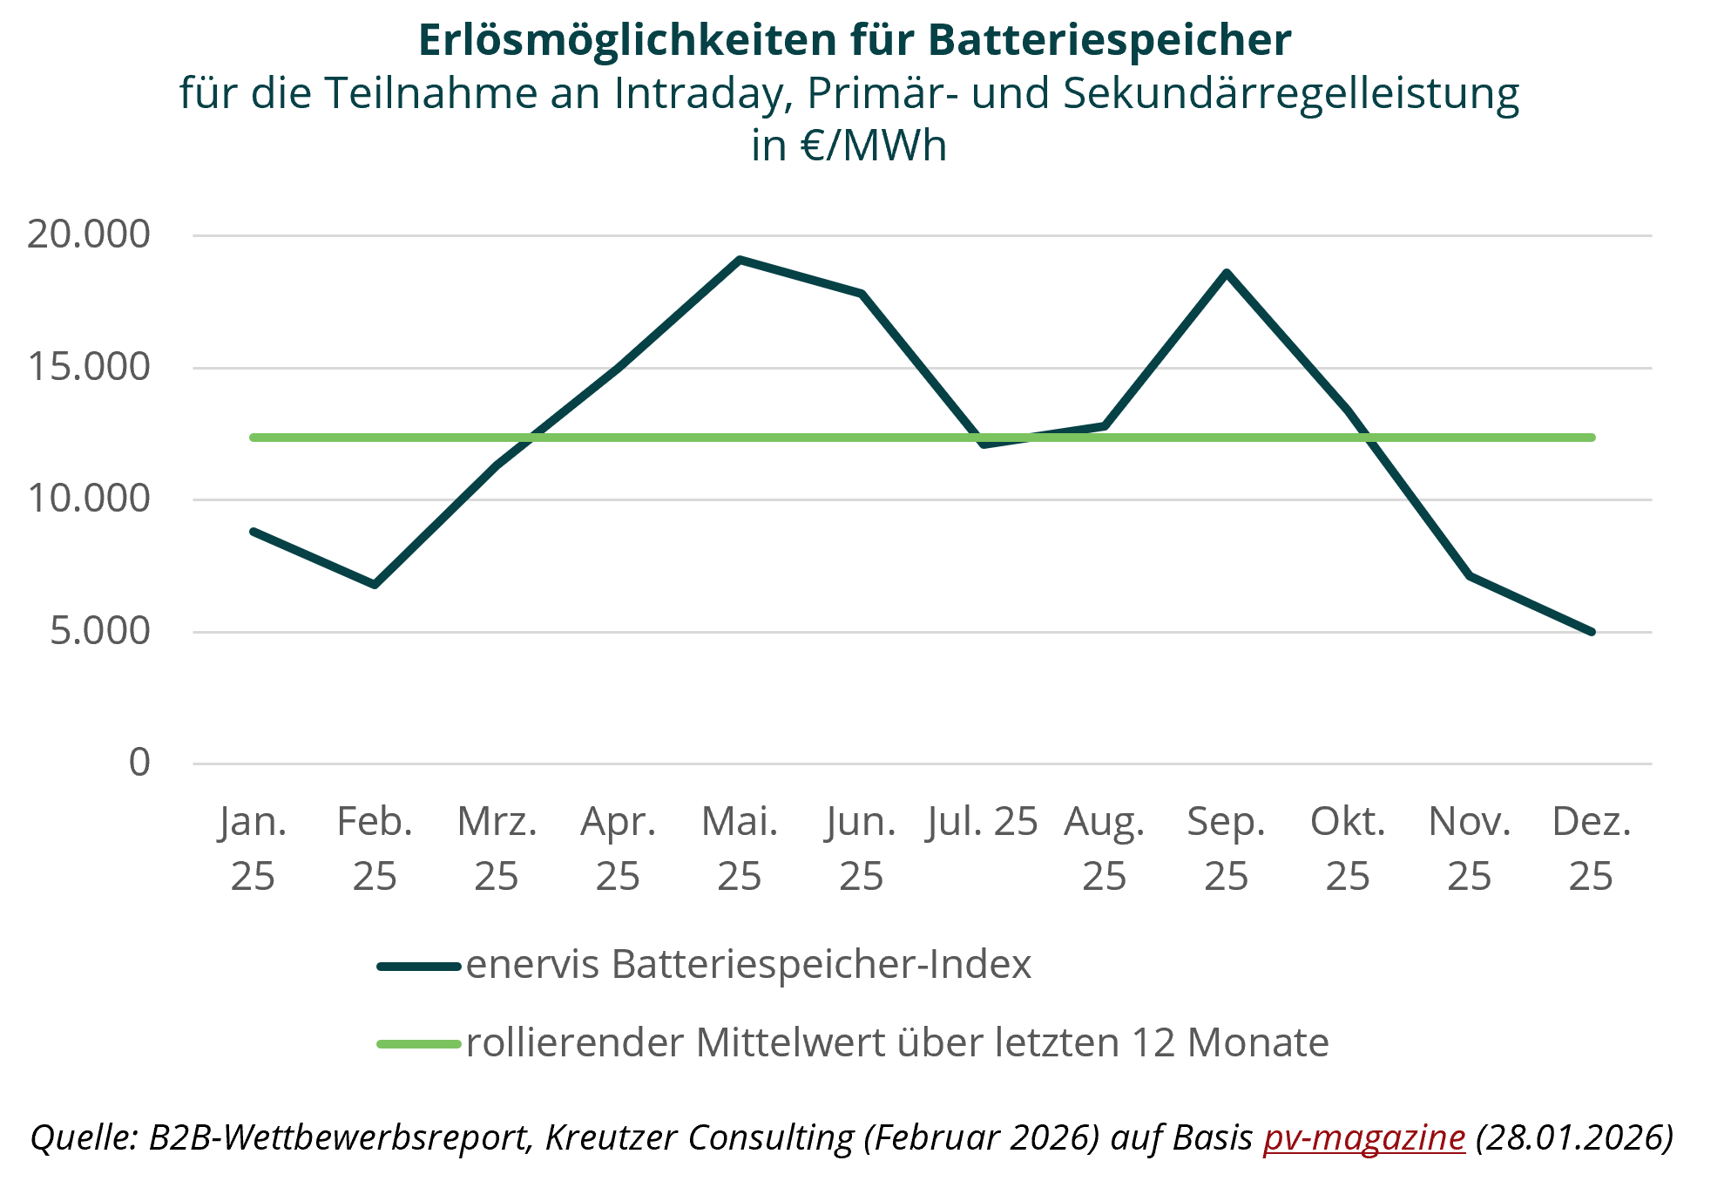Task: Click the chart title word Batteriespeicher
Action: pos(1109,40)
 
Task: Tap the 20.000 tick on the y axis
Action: pos(88,234)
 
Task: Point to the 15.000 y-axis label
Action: pos(88,367)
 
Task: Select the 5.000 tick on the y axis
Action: pos(99,631)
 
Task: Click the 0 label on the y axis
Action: pos(139,763)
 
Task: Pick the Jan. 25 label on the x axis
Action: pos(253,848)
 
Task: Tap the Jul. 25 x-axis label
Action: pos(982,821)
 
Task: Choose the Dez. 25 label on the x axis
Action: pos(1591,848)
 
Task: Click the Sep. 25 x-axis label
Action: pos(1226,848)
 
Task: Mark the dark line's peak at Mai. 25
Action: pos(740,259)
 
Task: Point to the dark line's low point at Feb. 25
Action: pos(375,584)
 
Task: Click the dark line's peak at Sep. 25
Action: pos(1226,272)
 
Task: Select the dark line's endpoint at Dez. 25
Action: pos(1591,632)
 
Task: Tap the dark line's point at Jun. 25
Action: pos(862,294)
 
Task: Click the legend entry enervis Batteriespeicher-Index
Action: pos(747,965)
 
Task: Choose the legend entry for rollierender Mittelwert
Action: pos(897,1042)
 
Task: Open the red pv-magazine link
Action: pos(1364,1137)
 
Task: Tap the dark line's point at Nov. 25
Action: pos(1470,575)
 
